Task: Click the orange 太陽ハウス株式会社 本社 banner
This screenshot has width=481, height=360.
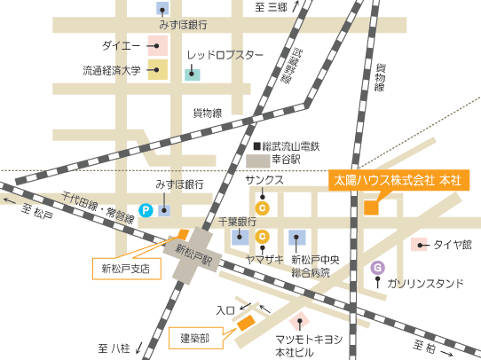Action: click(397, 179)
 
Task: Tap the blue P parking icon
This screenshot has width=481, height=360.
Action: click(146, 210)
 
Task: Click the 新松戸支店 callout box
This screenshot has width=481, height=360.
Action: click(126, 266)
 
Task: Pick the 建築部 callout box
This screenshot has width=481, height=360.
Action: click(194, 338)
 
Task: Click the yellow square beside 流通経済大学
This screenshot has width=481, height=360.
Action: click(158, 70)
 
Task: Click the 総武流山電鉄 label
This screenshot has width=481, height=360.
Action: click(289, 145)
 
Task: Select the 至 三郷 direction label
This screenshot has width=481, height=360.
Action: click(271, 7)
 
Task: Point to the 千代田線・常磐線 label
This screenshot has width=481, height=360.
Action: click(98, 207)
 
